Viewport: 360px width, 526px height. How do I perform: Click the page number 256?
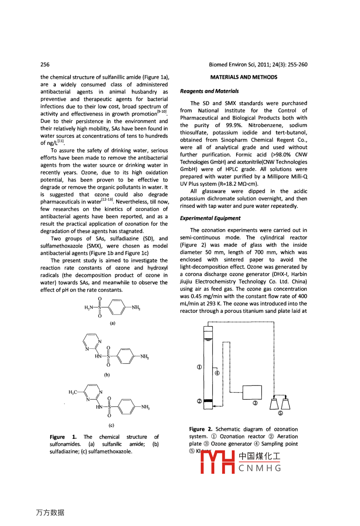[45, 65]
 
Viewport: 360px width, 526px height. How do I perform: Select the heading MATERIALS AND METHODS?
[244, 77]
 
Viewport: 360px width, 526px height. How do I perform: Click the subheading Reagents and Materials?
[209, 91]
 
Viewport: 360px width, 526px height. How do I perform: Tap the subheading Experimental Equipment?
[210, 218]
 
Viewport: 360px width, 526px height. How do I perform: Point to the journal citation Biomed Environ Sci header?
[258, 65]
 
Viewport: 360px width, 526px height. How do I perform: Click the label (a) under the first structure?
[113, 323]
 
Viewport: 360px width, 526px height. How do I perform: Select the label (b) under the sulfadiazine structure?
[107, 375]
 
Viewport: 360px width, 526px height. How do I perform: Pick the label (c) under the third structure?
[112, 425]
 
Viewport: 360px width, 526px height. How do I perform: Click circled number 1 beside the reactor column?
[199, 367]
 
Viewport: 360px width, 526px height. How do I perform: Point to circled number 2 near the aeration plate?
[199, 401]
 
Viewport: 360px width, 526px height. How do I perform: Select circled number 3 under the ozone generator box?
[255, 403]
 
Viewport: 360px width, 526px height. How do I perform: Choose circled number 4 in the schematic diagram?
[217, 373]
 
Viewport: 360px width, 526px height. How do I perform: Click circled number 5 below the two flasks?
[280, 413]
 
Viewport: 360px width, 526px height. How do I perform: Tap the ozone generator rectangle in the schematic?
[252, 393]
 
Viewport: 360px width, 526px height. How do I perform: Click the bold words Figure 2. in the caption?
[201, 429]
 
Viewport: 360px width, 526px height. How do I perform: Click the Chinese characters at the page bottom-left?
[50, 513]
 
